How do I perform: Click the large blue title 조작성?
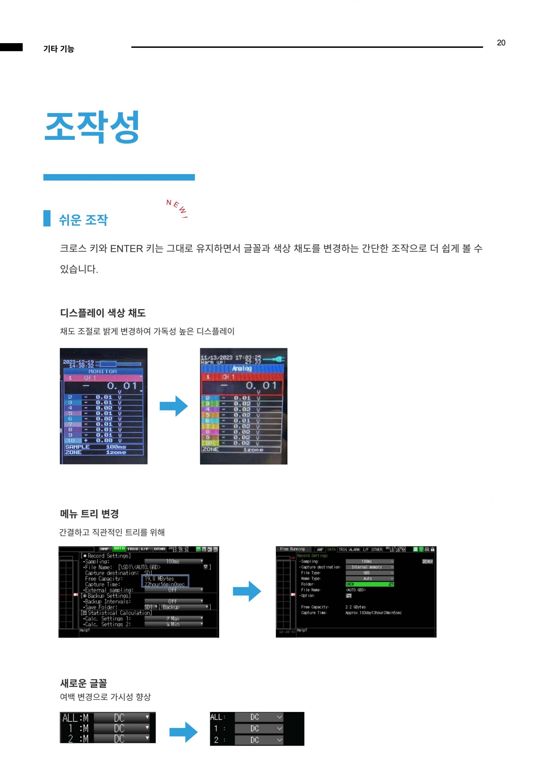(x=92, y=127)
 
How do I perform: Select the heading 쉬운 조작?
(x=83, y=220)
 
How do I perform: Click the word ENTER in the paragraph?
(x=126, y=249)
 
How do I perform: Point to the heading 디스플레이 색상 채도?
(x=103, y=313)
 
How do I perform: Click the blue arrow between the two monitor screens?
(x=174, y=406)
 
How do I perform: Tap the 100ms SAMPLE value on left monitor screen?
(x=116, y=447)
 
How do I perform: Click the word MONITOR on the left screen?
(x=103, y=372)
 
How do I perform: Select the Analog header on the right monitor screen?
(x=242, y=368)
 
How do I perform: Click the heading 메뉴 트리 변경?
(x=89, y=514)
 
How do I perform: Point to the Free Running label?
(x=292, y=549)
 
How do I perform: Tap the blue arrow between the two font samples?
(x=183, y=732)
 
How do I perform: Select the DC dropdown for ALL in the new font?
(x=259, y=717)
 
